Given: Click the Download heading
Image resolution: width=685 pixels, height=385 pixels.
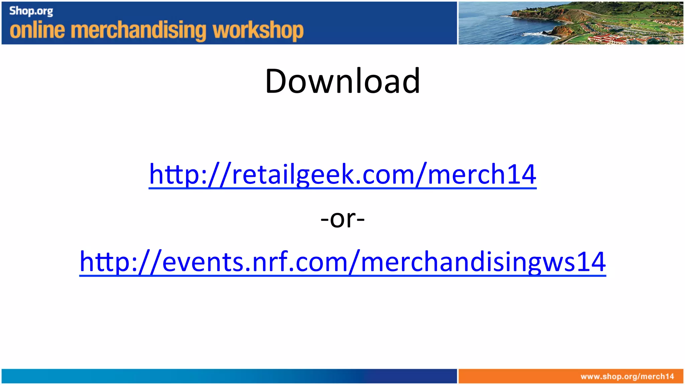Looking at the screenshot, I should tap(342, 81).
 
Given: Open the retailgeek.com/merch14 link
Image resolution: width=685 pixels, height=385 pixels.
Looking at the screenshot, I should tap(342, 174).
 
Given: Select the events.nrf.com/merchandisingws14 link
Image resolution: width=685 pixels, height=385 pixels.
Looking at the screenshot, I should tap(342, 262).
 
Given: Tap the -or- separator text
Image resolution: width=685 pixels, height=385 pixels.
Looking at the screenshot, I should tap(342, 219).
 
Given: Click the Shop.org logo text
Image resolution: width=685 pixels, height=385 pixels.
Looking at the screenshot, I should tap(31, 11).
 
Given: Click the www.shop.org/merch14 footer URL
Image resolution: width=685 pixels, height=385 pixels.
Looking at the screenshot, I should tap(627, 377).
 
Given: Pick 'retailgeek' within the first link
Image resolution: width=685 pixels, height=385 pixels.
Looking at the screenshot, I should tap(293, 174).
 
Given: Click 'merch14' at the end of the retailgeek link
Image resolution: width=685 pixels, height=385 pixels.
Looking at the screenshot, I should tap(482, 174).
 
